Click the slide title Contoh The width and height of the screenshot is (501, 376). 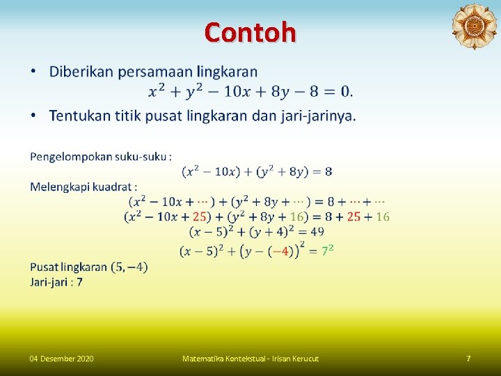click(x=250, y=32)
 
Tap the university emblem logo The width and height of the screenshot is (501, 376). click(x=474, y=26)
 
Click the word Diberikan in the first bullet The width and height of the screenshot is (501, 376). click(x=82, y=72)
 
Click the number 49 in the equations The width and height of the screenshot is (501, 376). click(x=317, y=231)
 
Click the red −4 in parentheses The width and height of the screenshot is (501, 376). click(x=280, y=251)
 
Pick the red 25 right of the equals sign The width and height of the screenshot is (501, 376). click(x=353, y=217)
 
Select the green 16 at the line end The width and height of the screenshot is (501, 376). click(x=383, y=217)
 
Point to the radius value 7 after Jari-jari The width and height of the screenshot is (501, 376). click(x=79, y=282)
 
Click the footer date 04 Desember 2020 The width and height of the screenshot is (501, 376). click(x=61, y=359)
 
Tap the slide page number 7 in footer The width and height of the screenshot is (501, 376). click(x=468, y=359)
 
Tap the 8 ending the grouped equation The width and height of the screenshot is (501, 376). click(x=328, y=171)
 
